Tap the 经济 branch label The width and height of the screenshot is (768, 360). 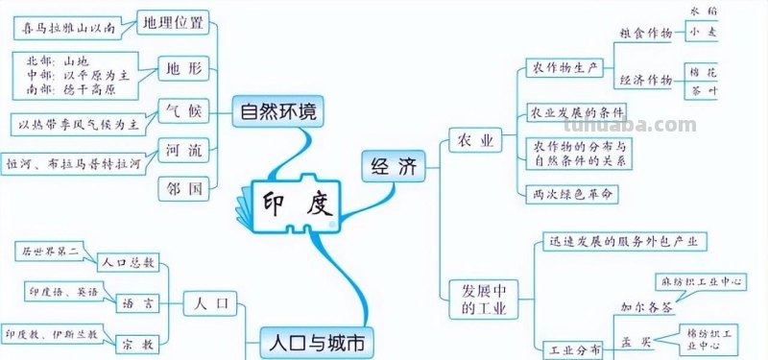coord(392,167)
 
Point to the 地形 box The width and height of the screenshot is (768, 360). coord(183,68)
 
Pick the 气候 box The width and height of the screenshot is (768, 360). coord(182,111)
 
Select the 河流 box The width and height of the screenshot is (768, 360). coord(182,151)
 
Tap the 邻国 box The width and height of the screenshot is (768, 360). coord(182,189)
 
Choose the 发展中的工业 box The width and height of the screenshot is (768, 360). coord(480,299)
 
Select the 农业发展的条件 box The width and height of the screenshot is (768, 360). coord(577,113)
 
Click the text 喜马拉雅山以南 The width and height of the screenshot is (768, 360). coord(69,28)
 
